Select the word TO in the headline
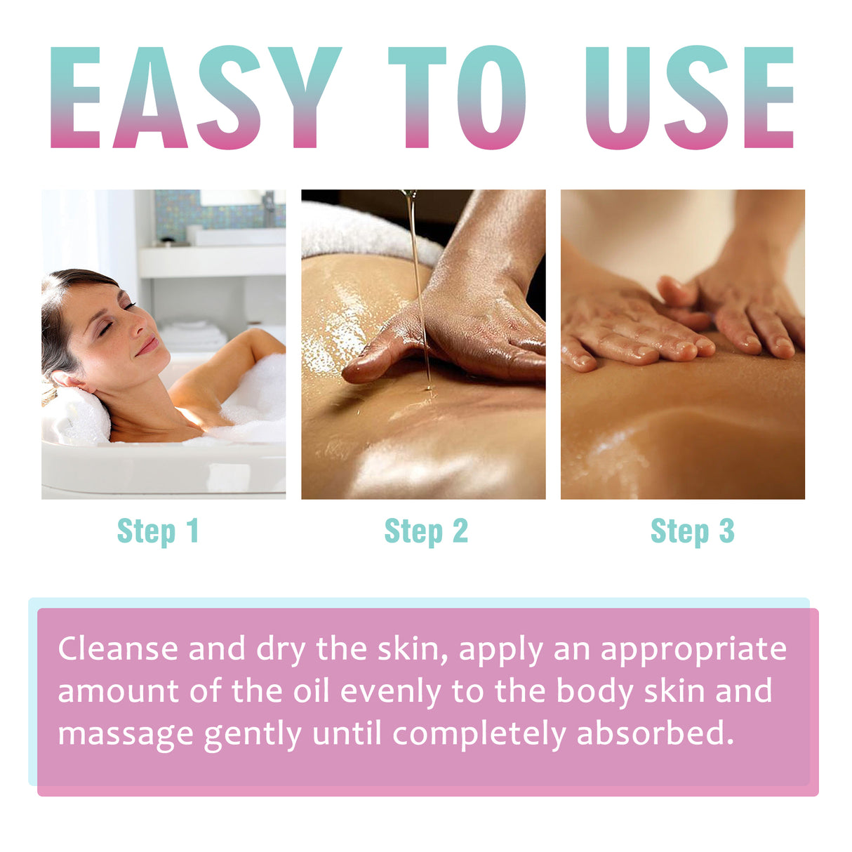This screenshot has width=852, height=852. pos(457,98)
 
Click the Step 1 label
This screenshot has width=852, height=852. pos(159,531)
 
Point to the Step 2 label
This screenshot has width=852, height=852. pos(426,531)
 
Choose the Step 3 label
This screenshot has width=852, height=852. pos(693,531)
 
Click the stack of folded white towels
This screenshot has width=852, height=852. pos(191,335)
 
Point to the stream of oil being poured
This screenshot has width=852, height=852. pos(418,281)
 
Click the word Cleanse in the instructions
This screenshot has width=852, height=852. pos(118,649)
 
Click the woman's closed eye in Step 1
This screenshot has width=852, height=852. pos(128,307)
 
